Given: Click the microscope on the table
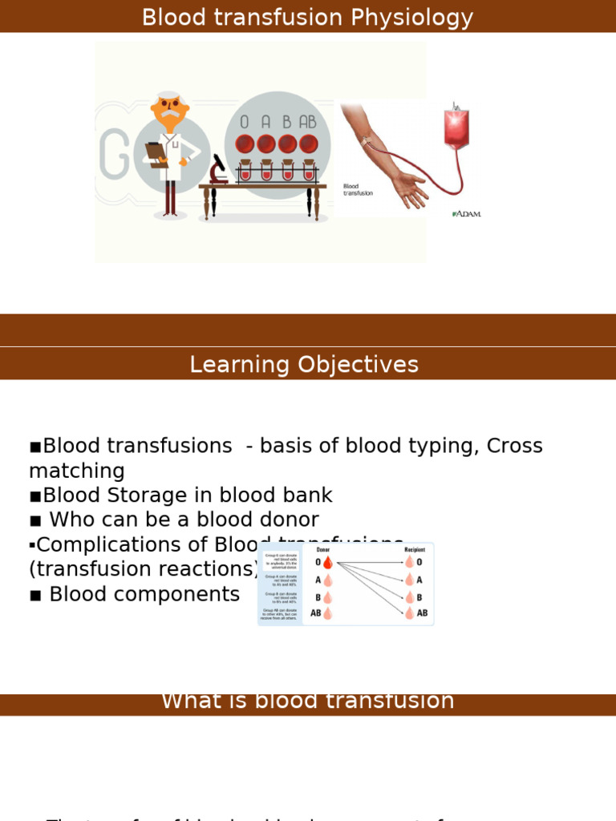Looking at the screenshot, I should coord(217,170).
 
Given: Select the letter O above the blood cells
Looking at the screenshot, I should coord(245,123).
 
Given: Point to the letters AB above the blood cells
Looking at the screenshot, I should coord(308,123).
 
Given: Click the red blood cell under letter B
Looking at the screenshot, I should coord(287,144).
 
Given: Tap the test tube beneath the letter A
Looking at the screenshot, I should coord(266,172).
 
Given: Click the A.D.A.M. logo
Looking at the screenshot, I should coord(467,214).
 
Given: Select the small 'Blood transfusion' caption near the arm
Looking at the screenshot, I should coord(358,189).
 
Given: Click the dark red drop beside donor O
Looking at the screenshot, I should coord(327,564).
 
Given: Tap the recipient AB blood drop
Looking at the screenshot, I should coord(409,613).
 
